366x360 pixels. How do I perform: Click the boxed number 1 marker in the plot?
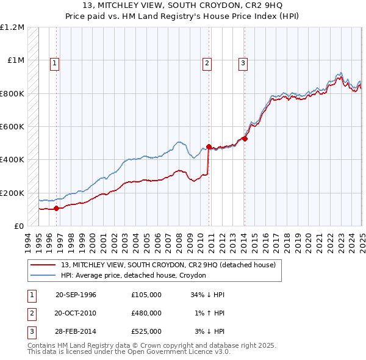55,62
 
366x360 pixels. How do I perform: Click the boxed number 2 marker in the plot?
207,62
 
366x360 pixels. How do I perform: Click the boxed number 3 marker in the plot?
243,62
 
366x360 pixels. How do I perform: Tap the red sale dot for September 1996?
56,208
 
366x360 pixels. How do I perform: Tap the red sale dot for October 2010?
209,146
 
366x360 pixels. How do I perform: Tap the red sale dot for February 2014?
244,139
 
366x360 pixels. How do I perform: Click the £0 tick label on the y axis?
18,226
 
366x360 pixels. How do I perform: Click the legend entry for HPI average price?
133,276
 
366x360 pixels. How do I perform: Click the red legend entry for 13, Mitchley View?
168,265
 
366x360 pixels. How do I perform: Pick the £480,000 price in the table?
146,313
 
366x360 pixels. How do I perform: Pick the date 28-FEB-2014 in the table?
76,331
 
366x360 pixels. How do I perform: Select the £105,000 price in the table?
146,295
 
